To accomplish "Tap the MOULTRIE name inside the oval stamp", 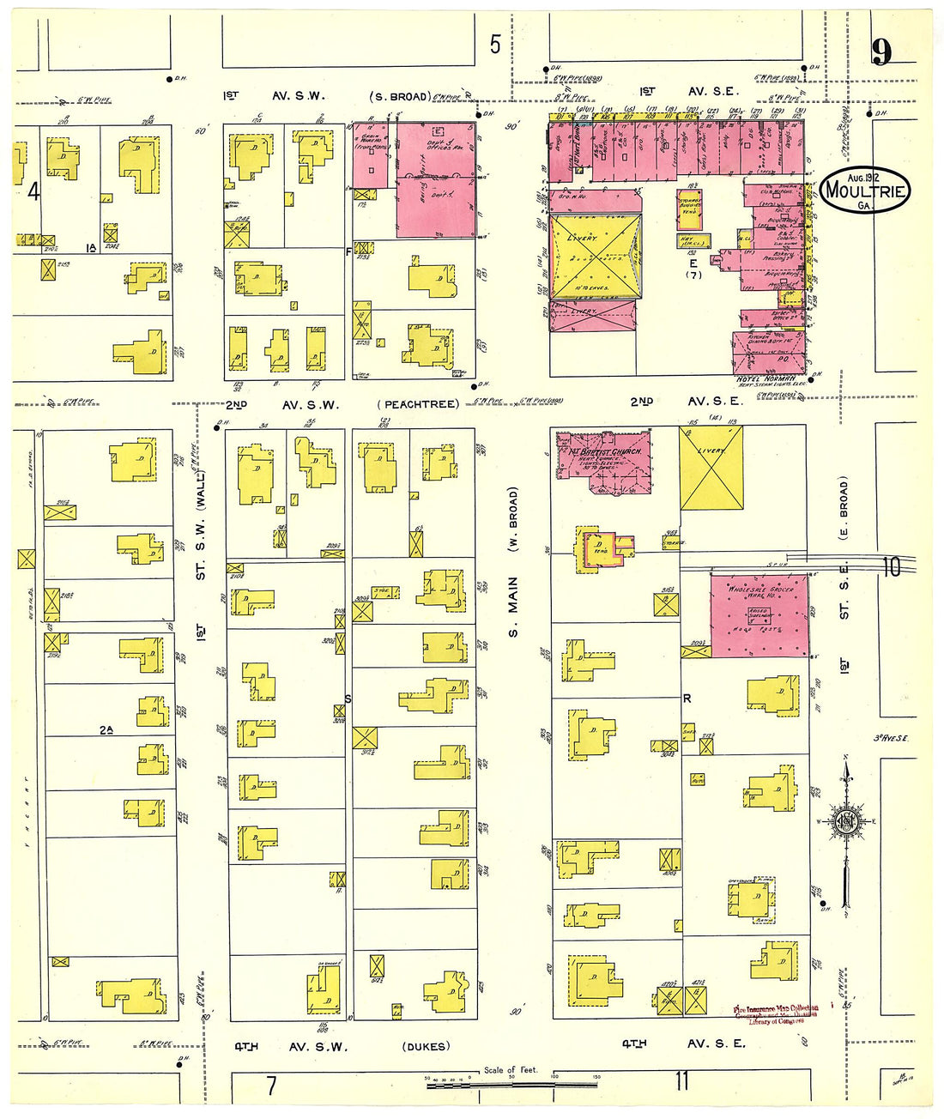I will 864,190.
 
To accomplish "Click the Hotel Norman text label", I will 765,379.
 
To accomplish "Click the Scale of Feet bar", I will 512,1086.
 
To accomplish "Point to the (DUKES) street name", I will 424,1046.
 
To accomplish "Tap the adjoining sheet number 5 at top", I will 495,45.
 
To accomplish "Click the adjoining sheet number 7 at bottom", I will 271,1086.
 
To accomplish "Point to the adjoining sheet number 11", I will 681,1080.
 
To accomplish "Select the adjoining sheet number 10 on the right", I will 892,566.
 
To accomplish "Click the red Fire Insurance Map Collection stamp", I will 776,1014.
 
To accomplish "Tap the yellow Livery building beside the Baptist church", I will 711,468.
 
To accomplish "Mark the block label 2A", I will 106,730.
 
